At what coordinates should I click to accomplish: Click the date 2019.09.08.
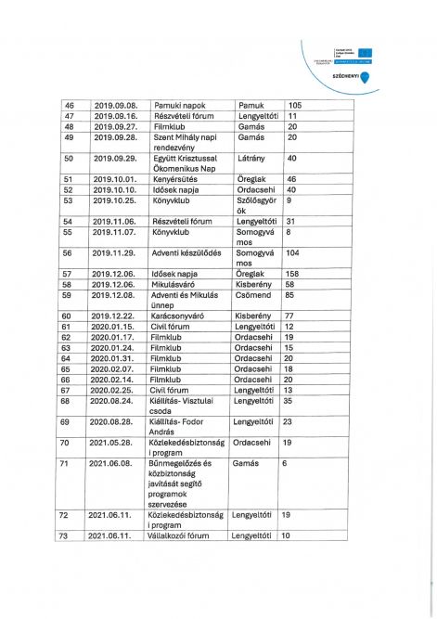pyautogui.click(x=116, y=105)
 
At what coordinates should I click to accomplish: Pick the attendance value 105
pyautogui.click(x=296, y=105)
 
